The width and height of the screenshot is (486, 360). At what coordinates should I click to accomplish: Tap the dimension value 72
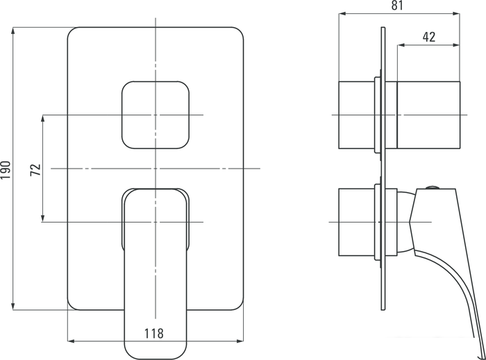35,169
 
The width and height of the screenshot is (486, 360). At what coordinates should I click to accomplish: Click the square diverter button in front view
156,114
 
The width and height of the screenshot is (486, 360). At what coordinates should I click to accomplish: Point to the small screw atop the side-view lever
433,187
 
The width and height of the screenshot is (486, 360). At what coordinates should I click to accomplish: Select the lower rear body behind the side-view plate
356,222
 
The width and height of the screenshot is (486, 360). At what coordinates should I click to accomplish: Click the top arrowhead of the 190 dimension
14,30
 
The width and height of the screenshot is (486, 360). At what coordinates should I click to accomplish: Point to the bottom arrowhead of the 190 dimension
14,307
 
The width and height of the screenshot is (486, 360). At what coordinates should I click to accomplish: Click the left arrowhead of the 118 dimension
71,341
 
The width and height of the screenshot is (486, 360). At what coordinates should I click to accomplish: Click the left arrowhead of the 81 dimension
341,14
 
